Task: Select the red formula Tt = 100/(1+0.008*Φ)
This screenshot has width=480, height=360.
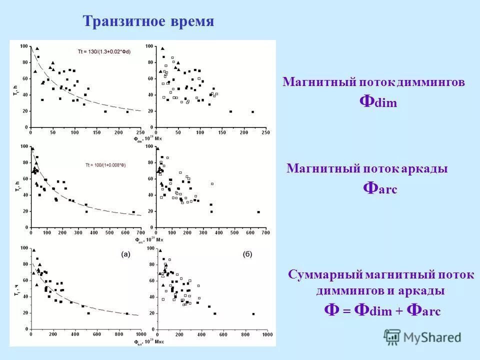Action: (x=105, y=164)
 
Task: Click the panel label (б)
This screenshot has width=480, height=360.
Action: (x=247, y=254)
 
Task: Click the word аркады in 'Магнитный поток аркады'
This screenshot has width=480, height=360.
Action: (x=424, y=169)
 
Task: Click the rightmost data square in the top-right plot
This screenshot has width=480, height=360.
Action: (x=252, y=112)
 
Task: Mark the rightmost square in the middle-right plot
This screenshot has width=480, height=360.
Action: (x=258, y=212)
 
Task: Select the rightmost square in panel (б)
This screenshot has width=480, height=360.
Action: (x=253, y=314)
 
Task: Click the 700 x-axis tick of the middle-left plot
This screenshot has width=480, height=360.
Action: (x=141, y=233)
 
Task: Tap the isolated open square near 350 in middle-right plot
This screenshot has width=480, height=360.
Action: (x=212, y=184)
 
